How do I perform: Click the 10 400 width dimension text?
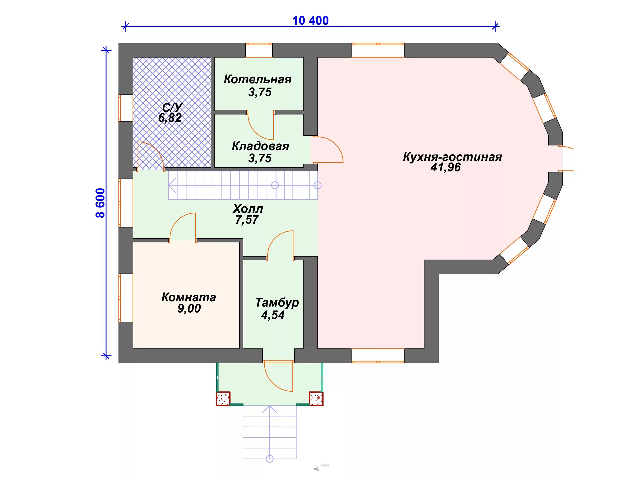tap(310, 21)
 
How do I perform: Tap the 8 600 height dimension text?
tap(100, 203)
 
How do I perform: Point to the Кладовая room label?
tap(260, 146)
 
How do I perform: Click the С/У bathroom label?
tap(172, 108)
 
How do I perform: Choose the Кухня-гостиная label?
tap(452, 157)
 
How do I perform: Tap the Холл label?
tap(248, 209)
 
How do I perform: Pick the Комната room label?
tap(189, 297)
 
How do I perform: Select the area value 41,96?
tap(445, 168)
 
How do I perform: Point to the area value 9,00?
tap(189, 308)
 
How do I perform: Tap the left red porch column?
tap(223, 399)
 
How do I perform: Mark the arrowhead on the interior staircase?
tap(172, 185)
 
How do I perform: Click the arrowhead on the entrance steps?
tap(269, 409)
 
